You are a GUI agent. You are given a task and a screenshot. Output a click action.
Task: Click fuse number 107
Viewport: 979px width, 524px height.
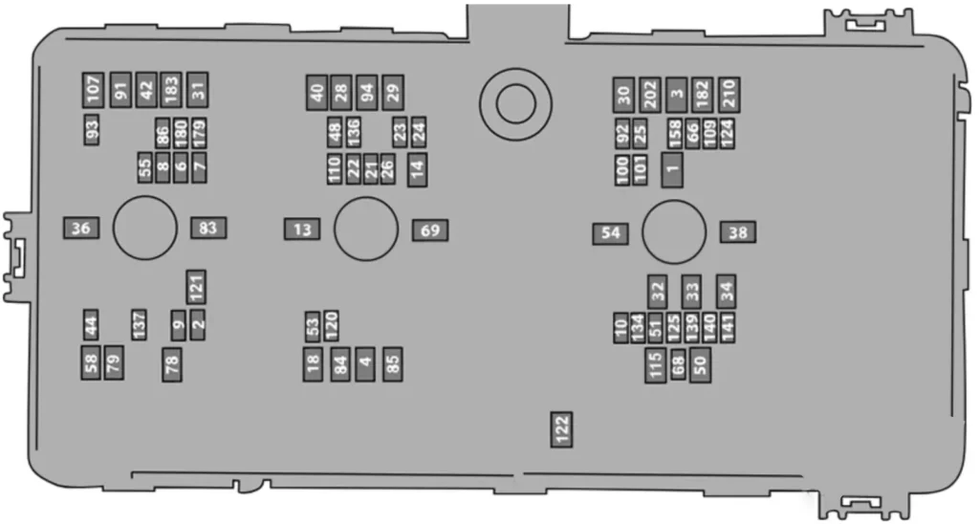click(93, 90)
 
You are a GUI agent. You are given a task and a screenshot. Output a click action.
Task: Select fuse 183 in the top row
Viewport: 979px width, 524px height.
click(170, 90)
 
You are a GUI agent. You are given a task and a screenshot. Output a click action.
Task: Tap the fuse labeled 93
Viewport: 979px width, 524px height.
click(92, 130)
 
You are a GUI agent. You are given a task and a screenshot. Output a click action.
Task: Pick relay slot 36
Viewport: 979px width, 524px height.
click(81, 228)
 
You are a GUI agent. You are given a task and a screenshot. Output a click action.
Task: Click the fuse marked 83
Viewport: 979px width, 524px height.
click(208, 228)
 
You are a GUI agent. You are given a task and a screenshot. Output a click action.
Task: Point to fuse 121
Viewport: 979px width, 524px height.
click(196, 287)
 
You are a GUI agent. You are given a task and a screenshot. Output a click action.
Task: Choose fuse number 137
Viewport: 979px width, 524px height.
click(140, 325)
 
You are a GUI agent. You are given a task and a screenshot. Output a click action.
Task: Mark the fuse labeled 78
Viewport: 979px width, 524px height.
click(172, 364)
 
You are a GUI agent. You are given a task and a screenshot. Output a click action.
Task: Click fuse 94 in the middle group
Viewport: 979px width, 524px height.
click(367, 93)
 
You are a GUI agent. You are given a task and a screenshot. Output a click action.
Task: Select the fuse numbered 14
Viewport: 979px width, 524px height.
click(418, 169)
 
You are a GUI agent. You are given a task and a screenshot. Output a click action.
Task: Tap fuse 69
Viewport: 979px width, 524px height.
click(430, 230)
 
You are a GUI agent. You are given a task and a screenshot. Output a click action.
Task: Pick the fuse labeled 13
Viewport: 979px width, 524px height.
click(302, 229)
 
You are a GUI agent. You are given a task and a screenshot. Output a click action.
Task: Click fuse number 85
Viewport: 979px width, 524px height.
click(393, 364)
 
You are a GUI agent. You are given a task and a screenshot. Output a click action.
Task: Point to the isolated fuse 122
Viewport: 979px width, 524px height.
click(561, 429)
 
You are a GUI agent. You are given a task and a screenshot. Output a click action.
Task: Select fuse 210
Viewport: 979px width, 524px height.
click(729, 95)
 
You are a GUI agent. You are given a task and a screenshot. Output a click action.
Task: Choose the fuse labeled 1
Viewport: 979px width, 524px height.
click(672, 170)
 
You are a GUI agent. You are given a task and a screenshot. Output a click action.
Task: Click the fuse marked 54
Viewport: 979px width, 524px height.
click(611, 233)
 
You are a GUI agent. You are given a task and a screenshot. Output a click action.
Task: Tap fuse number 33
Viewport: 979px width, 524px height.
click(692, 292)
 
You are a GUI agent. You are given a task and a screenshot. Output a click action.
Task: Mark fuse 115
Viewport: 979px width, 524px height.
click(656, 365)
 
